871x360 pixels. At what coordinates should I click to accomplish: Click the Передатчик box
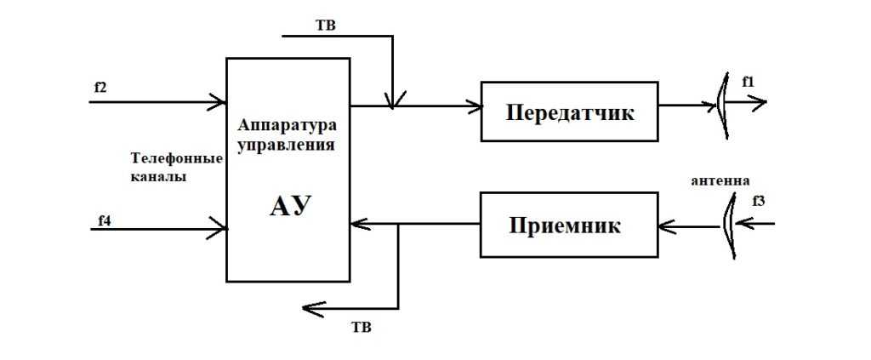(569, 111)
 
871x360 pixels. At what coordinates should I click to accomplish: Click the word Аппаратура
(287, 125)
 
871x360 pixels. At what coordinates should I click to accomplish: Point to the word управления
(285, 144)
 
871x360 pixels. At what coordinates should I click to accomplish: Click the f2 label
(100, 88)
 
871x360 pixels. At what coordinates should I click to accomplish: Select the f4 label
(105, 220)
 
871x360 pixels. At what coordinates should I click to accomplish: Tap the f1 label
(748, 82)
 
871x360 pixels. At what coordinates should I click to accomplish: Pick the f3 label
(759, 201)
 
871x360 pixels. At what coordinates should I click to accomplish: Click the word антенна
(720, 180)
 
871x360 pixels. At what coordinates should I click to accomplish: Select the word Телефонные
(175, 158)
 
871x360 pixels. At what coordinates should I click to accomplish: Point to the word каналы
(159, 177)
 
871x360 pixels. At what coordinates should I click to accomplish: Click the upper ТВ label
(326, 25)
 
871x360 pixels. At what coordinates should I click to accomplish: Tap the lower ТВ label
(362, 326)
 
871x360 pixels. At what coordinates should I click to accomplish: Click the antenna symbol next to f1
(722, 105)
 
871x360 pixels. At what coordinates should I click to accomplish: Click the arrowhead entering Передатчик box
(474, 106)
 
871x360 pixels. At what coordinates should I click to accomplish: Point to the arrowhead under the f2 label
(219, 102)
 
